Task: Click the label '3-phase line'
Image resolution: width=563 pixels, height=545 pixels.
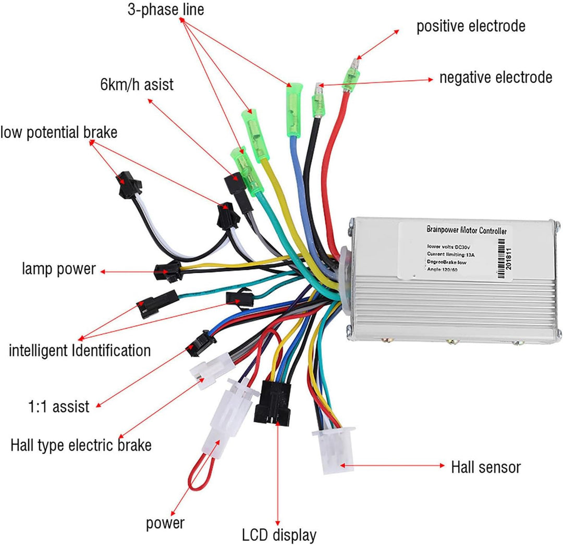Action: point(166,9)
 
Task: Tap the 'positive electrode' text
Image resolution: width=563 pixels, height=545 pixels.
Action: point(471,26)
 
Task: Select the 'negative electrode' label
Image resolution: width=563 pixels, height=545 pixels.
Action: point(495,78)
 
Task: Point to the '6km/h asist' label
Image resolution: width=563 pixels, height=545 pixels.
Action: point(136,84)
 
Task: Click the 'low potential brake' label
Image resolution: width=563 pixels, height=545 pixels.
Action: point(59,132)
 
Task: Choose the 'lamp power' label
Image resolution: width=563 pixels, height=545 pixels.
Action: point(59,269)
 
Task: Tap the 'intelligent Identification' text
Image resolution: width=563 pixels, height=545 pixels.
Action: point(80,349)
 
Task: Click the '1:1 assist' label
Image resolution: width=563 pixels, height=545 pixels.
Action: point(59,406)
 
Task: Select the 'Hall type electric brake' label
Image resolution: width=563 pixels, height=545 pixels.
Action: point(81,445)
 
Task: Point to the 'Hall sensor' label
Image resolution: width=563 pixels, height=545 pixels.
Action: point(485,466)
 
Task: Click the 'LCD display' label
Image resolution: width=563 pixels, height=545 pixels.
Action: point(279,535)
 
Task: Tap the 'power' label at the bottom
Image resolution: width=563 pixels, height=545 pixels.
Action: point(165,523)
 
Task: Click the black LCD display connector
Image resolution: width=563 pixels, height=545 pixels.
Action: point(272,401)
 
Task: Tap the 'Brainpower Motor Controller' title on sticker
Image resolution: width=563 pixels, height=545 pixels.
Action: point(466,230)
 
